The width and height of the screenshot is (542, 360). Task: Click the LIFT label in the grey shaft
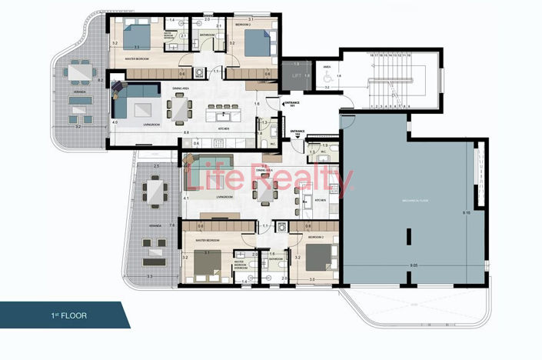[x=296, y=75]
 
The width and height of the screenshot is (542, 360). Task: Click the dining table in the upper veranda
[x=79, y=74]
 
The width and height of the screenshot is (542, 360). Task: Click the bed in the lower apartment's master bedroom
[x=208, y=265]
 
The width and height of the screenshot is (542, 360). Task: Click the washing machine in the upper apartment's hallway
[x=200, y=73]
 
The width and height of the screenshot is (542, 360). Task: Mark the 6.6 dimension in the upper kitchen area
[x=187, y=132]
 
